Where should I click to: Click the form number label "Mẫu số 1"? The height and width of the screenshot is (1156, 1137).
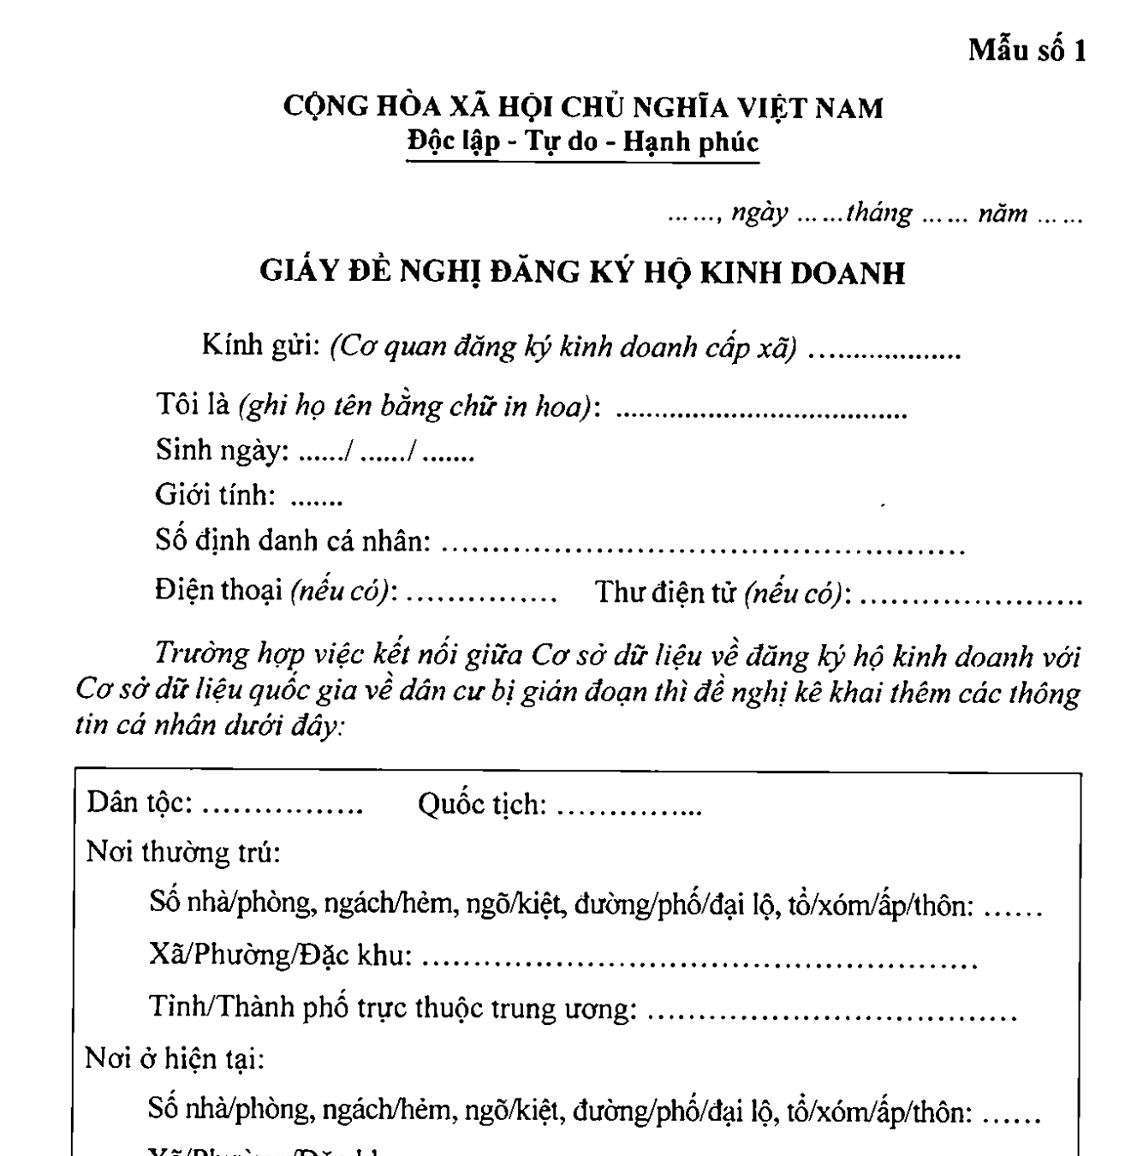coord(1027,51)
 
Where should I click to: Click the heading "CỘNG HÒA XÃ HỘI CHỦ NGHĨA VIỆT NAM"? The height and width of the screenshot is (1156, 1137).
coord(583,108)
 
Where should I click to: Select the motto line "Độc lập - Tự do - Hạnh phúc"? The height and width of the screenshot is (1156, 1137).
coord(583,140)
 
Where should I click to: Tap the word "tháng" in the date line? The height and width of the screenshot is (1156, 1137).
coord(879,213)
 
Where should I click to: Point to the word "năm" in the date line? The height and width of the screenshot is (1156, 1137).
coord(1003,213)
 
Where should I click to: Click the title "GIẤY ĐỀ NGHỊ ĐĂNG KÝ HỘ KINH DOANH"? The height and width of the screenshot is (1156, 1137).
coord(582,272)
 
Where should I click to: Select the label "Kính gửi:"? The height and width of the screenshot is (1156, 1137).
coord(261,346)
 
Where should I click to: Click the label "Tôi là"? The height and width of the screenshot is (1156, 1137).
coord(193,404)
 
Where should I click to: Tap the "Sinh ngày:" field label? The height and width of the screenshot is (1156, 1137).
coord(223,450)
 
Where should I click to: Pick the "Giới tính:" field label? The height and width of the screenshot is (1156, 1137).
coord(216,495)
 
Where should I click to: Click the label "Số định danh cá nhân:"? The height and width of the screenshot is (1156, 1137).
coord(293,541)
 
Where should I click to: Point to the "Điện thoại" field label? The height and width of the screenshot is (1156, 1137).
coord(219,591)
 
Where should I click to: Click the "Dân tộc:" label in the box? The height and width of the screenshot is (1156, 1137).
coord(140,803)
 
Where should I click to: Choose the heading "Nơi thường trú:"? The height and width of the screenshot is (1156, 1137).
coord(183,853)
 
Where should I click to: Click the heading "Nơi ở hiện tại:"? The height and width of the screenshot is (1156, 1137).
coord(176,1059)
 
